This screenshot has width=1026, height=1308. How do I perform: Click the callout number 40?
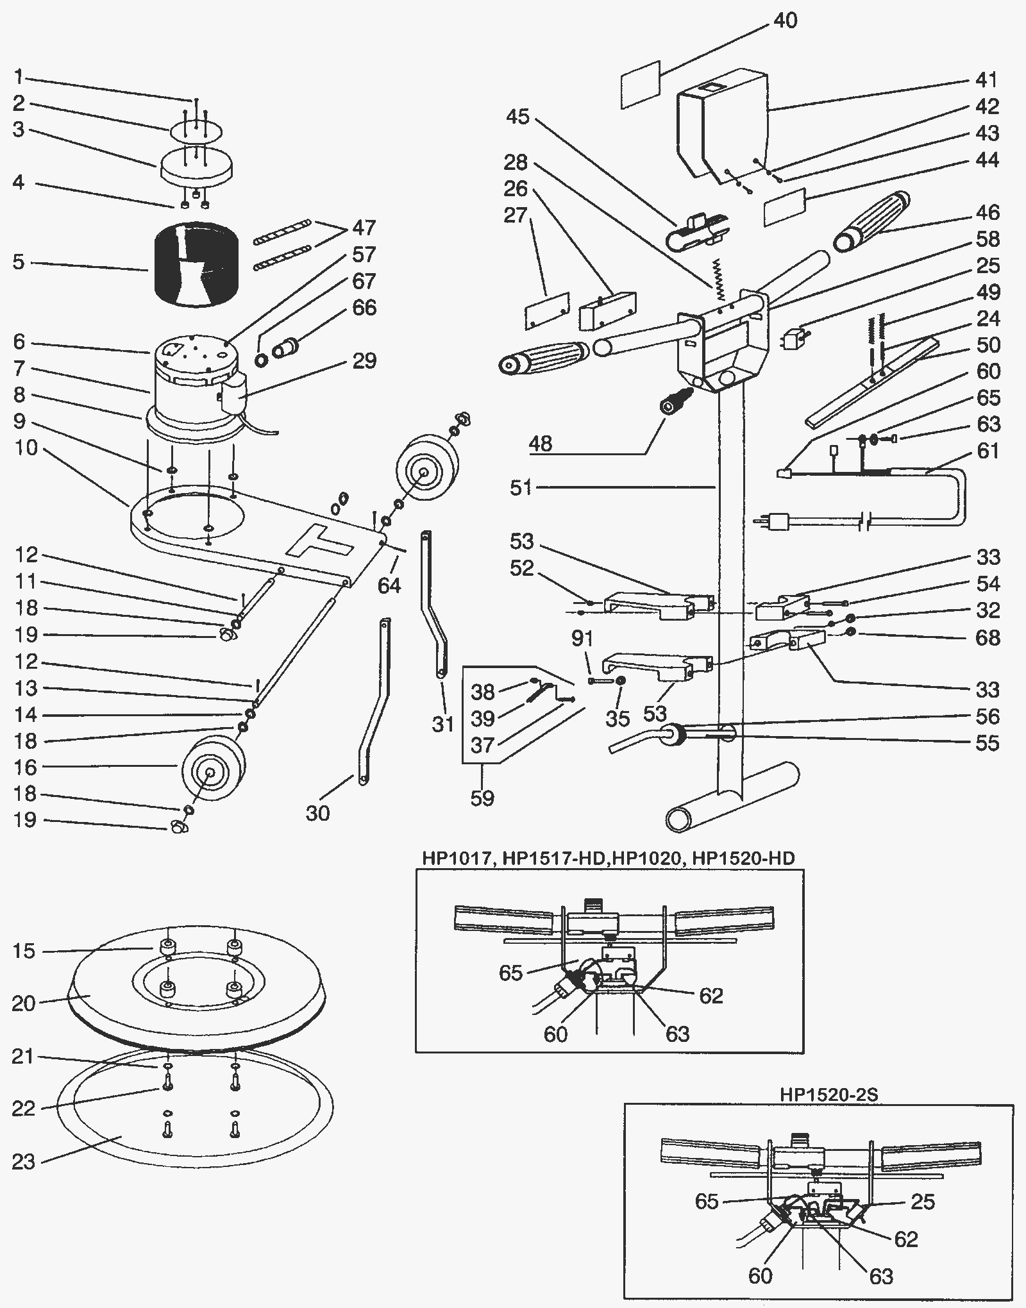[785, 21]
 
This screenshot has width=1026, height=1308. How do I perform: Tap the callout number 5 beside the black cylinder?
[19, 262]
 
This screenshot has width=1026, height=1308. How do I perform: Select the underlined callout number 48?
[541, 443]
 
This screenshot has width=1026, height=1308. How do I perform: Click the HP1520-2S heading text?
[828, 1094]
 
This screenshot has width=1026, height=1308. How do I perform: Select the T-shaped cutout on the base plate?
[319, 539]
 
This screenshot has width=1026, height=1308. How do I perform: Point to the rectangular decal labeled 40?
[641, 85]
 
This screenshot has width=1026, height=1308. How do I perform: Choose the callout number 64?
[389, 585]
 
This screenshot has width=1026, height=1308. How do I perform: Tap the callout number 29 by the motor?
[364, 360]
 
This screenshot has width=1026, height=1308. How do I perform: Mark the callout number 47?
[364, 228]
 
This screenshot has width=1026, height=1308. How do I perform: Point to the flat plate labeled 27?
[547, 312]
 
